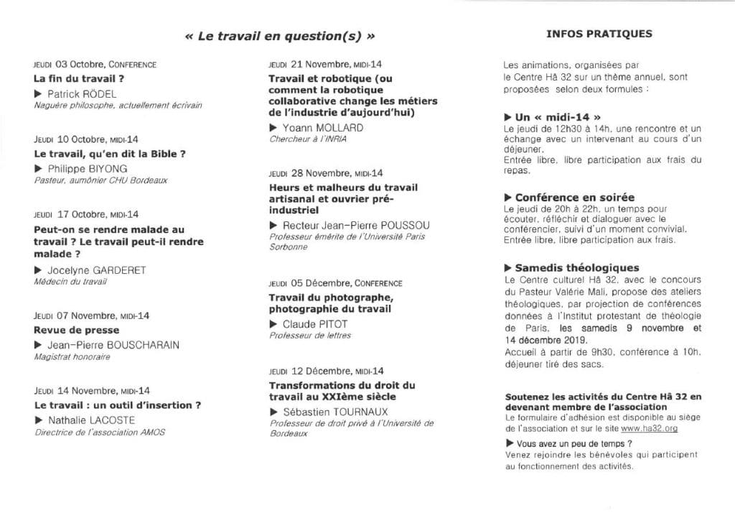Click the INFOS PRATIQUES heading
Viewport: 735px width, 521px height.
(x=599, y=33)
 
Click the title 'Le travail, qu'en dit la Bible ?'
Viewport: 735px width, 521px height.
(x=111, y=154)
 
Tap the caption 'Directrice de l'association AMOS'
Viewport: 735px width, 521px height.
(x=100, y=433)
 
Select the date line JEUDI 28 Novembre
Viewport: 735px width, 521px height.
(x=326, y=173)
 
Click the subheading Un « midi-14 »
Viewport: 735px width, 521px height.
(x=553, y=116)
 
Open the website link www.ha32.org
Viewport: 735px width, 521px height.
(x=650, y=428)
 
